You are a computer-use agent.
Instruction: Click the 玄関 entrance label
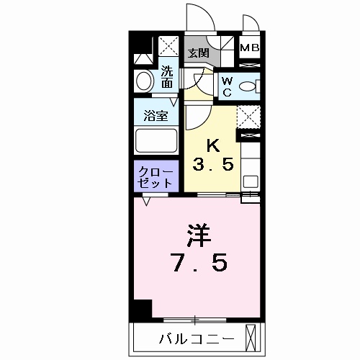(x=198, y=53)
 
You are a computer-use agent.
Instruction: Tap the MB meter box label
(x=250, y=48)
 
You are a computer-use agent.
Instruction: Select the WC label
(x=227, y=86)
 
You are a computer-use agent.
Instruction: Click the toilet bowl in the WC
(x=248, y=86)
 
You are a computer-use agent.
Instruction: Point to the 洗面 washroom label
(x=167, y=76)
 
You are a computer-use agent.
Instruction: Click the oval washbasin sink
(x=145, y=81)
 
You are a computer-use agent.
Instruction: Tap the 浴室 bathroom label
(x=156, y=116)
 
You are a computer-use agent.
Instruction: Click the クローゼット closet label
(x=156, y=178)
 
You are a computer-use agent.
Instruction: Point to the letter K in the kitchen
(x=212, y=146)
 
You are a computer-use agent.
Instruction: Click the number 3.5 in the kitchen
(x=212, y=165)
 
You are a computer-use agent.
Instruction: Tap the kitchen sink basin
(x=251, y=181)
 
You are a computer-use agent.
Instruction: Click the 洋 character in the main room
(x=199, y=235)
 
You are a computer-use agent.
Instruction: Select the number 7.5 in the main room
(x=199, y=263)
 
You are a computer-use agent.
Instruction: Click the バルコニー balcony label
(x=197, y=339)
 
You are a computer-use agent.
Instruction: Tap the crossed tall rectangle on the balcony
(x=251, y=338)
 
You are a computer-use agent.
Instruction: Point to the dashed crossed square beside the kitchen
(x=248, y=117)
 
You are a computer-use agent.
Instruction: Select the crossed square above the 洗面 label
(x=168, y=46)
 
